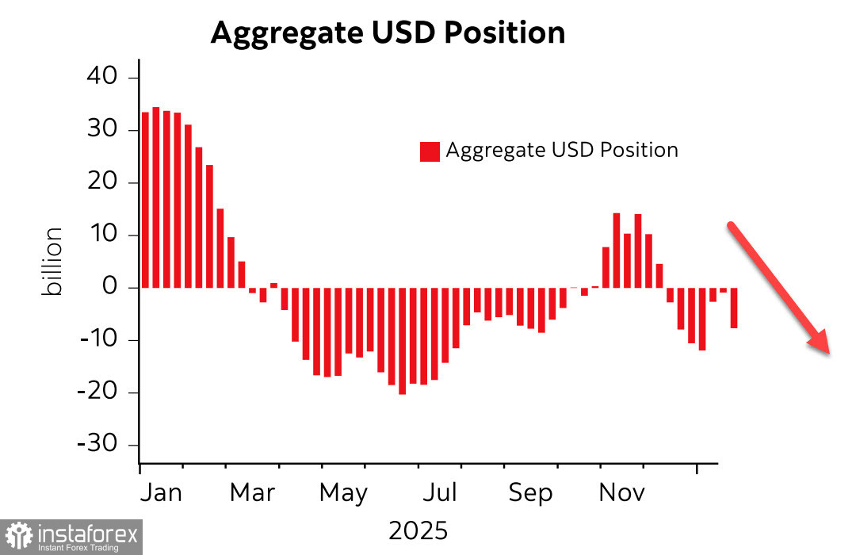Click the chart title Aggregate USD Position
pyautogui.click(x=388, y=33)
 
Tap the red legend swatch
pyautogui.click(x=430, y=151)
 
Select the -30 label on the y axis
pyautogui.click(x=97, y=445)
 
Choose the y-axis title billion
pyautogui.click(x=53, y=262)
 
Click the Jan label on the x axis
pyautogui.click(x=161, y=492)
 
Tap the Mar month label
pyautogui.click(x=252, y=492)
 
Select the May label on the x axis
pyautogui.click(x=343, y=492)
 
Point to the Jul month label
pyautogui.click(x=439, y=492)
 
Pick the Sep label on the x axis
pyautogui.click(x=529, y=492)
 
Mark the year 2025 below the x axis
pyautogui.click(x=418, y=530)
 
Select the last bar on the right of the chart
pyautogui.click(x=734, y=308)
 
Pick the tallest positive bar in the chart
pyautogui.click(x=156, y=197)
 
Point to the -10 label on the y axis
pyautogui.click(x=97, y=340)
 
